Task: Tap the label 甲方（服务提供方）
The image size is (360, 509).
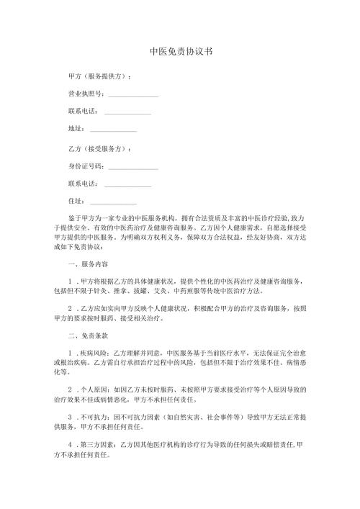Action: click(x=98, y=76)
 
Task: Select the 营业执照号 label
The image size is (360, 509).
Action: click(x=85, y=94)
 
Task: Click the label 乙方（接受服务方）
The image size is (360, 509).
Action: click(x=98, y=148)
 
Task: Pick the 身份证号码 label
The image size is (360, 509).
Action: click(x=85, y=166)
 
